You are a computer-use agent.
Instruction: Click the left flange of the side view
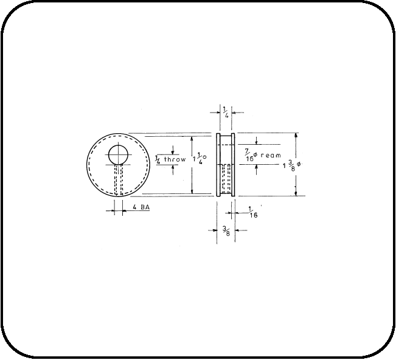click(x=218, y=164)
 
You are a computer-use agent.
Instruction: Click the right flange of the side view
click(x=233, y=164)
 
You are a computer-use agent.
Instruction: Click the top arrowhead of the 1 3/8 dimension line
click(x=296, y=136)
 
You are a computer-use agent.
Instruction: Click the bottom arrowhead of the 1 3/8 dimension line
click(x=296, y=193)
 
